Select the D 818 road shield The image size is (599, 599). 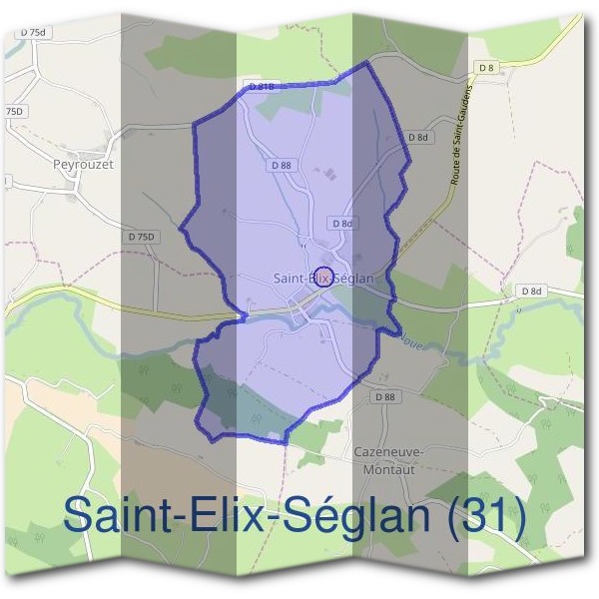coord(262,88)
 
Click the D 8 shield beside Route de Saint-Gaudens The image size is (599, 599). coord(486,68)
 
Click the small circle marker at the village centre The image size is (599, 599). coord(324,280)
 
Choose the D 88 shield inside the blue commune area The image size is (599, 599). coord(281,165)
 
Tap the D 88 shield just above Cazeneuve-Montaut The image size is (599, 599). coord(385,396)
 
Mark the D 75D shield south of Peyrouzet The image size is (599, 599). coord(143,237)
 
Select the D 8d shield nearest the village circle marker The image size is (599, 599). coord(342,224)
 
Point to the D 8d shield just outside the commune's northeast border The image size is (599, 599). coord(418,137)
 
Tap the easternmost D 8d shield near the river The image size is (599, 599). coord(531,291)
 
